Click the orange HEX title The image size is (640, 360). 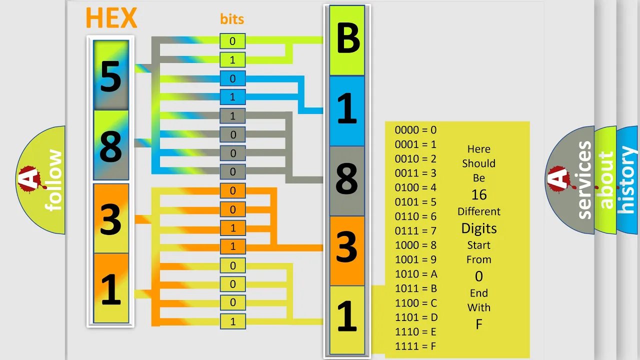[111, 17]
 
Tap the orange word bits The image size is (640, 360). [232, 19]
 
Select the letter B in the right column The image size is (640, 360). [347, 38]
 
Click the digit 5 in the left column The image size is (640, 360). [111, 76]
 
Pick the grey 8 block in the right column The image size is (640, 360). [347, 181]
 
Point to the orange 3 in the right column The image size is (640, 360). [347, 247]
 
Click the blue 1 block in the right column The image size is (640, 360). [347, 111]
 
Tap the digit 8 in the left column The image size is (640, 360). [111, 146]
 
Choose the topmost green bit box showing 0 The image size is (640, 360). [232, 41]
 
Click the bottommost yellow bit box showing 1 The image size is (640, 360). [233, 321]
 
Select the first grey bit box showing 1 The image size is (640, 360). [232, 116]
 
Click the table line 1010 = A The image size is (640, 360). [416, 274]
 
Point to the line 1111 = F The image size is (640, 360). [415, 346]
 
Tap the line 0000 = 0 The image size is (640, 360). [415, 130]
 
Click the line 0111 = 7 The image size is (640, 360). [415, 230]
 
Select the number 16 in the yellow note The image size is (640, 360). [479, 195]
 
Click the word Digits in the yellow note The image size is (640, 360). [479, 228]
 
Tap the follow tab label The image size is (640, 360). [53, 180]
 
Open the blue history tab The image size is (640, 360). [627, 180]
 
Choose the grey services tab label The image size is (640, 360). [584, 180]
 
